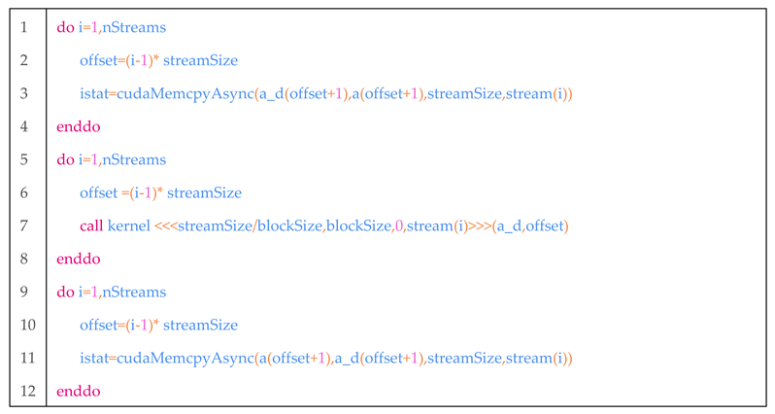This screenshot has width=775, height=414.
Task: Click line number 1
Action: click(x=23, y=27)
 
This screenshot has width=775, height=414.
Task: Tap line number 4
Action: click(x=23, y=126)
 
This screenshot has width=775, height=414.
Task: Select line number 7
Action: click(x=23, y=225)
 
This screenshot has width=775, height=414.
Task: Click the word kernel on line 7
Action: click(x=129, y=225)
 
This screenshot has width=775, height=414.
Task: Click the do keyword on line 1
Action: click(x=65, y=27)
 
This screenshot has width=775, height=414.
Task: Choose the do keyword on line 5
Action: click(x=65, y=159)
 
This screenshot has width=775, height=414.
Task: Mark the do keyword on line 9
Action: click(x=65, y=292)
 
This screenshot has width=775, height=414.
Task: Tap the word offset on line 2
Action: click(x=100, y=60)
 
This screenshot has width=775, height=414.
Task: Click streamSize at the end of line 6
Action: click(x=204, y=192)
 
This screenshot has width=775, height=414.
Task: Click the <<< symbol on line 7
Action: click(x=166, y=225)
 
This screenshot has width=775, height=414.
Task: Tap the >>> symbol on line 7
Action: click(x=480, y=225)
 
